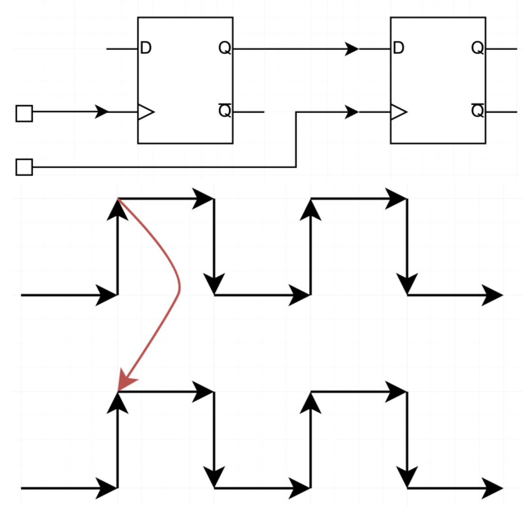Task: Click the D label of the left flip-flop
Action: coord(146,48)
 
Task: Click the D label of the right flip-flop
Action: coord(399,48)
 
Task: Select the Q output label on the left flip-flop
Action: coord(225,48)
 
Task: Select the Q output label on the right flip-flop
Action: coord(477,48)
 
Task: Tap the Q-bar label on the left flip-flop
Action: coord(225,110)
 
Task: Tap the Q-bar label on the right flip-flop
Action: coord(477,110)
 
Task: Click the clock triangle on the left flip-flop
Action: coord(145,112)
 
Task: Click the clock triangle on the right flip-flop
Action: coord(398,112)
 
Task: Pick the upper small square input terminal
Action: coord(24,114)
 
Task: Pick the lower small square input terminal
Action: coord(24,167)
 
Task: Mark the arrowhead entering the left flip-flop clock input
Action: coord(102,112)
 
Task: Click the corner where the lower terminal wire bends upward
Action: coord(296,167)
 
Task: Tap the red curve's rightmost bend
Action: coord(180,286)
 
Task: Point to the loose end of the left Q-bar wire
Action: coord(264,112)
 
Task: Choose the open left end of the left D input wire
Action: coord(107,48)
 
